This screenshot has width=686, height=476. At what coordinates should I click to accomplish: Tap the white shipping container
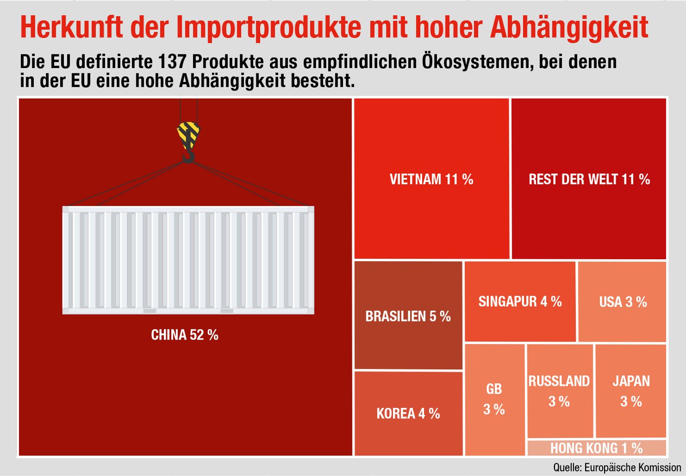pyautogui.click(x=188, y=260)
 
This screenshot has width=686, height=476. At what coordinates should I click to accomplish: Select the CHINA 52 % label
pyautogui.click(x=185, y=335)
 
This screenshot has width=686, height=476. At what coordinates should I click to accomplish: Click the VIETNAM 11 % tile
pyautogui.click(x=432, y=179)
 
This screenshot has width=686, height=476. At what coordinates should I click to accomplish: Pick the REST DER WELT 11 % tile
pyautogui.click(x=589, y=179)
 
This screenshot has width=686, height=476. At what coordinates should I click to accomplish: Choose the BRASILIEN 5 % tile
pyautogui.click(x=408, y=315)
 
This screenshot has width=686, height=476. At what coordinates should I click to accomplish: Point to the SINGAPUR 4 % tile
pyautogui.click(x=520, y=302)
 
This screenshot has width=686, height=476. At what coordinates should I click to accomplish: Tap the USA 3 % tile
pyautogui.click(x=622, y=302)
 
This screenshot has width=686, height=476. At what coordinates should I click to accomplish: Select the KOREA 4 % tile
pyautogui.click(x=408, y=414)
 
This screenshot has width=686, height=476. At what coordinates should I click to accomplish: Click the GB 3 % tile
pyautogui.click(x=494, y=400)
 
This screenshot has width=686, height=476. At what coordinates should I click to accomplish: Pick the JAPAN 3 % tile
pyautogui.click(x=631, y=391)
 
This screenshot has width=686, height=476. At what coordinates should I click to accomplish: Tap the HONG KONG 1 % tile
pyautogui.click(x=596, y=448)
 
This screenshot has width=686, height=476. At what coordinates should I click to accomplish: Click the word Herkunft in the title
pyautogui.click(x=71, y=27)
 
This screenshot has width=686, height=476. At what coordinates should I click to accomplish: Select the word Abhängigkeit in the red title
pyautogui.click(x=569, y=28)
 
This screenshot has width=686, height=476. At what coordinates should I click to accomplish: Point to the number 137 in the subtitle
pyautogui.click(x=171, y=61)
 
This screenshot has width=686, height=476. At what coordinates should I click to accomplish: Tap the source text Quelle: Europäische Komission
pyautogui.click(x=617, y=467)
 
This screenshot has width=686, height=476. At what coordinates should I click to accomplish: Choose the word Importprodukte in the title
pyautogui.click(x=268, y=28)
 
